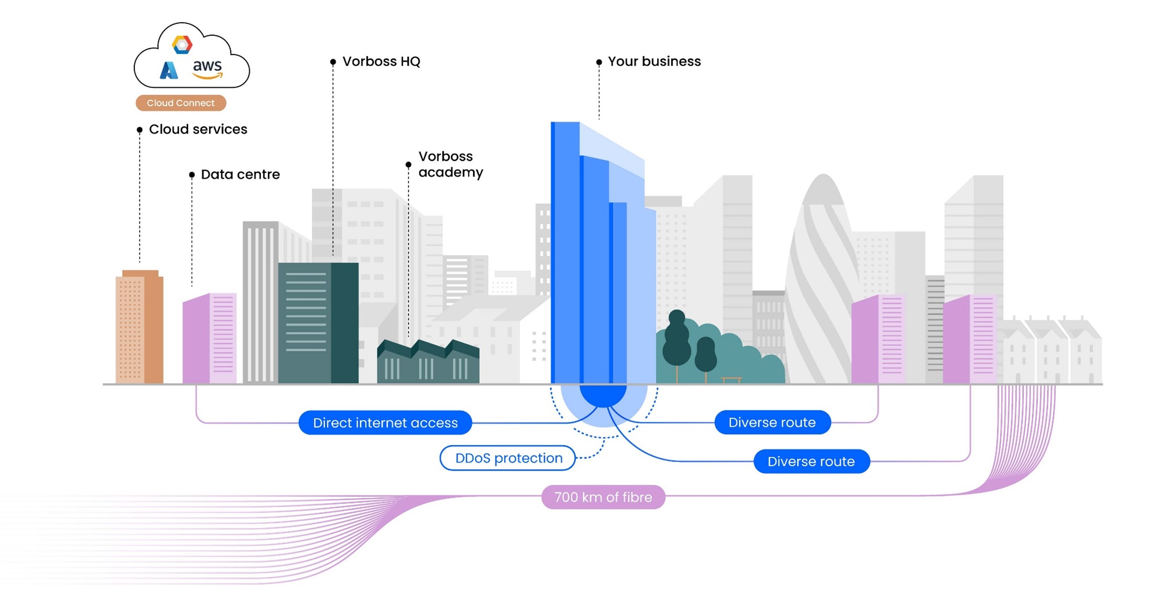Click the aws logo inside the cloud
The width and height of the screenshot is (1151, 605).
point(207,69)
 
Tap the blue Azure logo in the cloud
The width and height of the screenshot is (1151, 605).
point(169,70)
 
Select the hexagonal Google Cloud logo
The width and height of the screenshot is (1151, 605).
point(182,45)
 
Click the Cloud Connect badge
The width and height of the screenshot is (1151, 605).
point(181,103)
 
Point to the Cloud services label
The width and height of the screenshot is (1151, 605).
point(198,129)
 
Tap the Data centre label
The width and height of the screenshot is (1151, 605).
point(240,174)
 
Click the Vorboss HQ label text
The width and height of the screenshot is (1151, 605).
point(381,61)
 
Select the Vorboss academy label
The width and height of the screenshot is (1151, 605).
point(451,164)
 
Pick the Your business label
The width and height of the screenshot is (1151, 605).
point(654,61)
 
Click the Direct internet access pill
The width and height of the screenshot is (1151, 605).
point(385,423)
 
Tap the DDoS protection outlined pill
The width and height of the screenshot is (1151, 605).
point(508,458)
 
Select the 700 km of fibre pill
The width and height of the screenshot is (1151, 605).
point(603,497)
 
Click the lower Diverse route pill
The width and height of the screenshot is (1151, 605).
point(811,461)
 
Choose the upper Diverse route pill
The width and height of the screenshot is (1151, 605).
point(772,422)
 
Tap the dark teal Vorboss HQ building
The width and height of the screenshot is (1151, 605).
point(318,323)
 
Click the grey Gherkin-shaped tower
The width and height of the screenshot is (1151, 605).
point(821,286)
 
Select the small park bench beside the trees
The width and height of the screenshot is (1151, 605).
point(732,380)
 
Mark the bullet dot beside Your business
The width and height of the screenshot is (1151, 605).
point(599,62)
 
